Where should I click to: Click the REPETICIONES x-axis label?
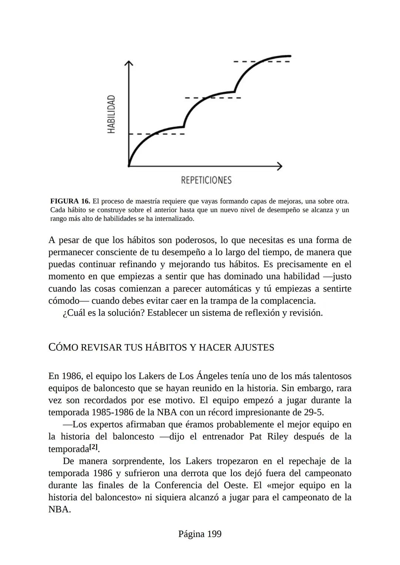point(206,180)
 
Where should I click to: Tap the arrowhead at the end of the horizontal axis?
point(280,166)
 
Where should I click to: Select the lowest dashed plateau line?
point(157,134)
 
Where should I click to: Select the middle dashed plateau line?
point(213,98)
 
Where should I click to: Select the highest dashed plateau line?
point(261,62)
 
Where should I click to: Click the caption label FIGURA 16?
point(70,202)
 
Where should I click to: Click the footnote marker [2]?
point(94,447)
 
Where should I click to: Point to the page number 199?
point(214,534)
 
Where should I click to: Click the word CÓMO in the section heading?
point(63,347)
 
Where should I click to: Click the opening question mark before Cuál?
point(64,313)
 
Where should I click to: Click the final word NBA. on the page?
point(59,509)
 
